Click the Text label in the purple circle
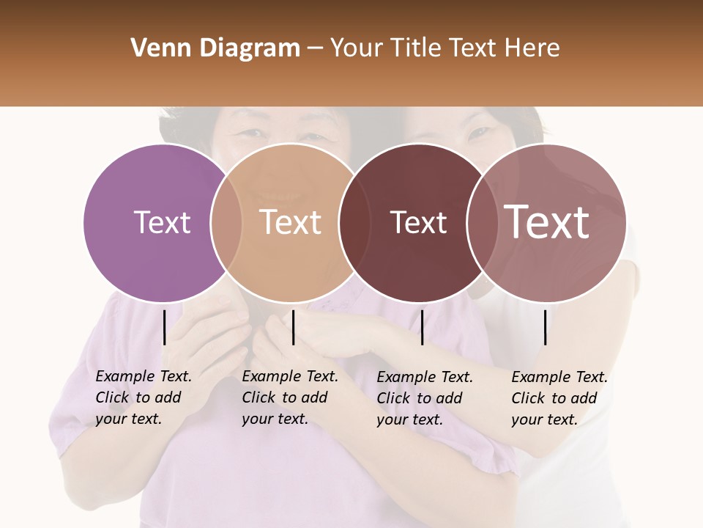pos(163,222)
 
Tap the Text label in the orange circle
pos(291,222)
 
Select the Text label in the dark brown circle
pos(418,222)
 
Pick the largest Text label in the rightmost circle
pos(547,222)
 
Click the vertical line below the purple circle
pos(164,327)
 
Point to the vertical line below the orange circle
pos(293,327)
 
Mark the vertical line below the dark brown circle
pos(422,327)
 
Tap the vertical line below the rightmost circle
pos(546,327)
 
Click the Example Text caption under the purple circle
pos(144,397)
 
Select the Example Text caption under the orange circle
pos(290,397)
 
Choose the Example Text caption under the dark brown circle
pos(425,398)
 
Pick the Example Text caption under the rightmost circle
pos(559,398)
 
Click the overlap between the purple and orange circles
pos(226,222)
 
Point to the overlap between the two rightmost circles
pos(480,222)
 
